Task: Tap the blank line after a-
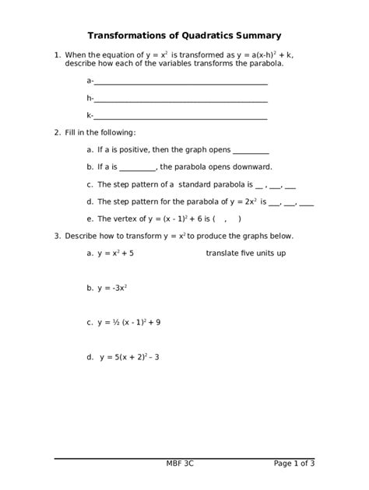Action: pyautogui.click(x=181, y=81)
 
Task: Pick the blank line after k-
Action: pyautogui.click(x=181, y=117)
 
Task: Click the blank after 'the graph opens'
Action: pyautogui.click(x=251, y=151)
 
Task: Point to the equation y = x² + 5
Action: pyautogui.click(x=115, y=254)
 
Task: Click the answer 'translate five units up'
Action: pyautogui.click(x=245, y=254)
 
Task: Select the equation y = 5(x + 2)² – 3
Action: pyautogui.click(x=129, y=358)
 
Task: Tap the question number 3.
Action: pyautogui.click(x=57, y=236)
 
